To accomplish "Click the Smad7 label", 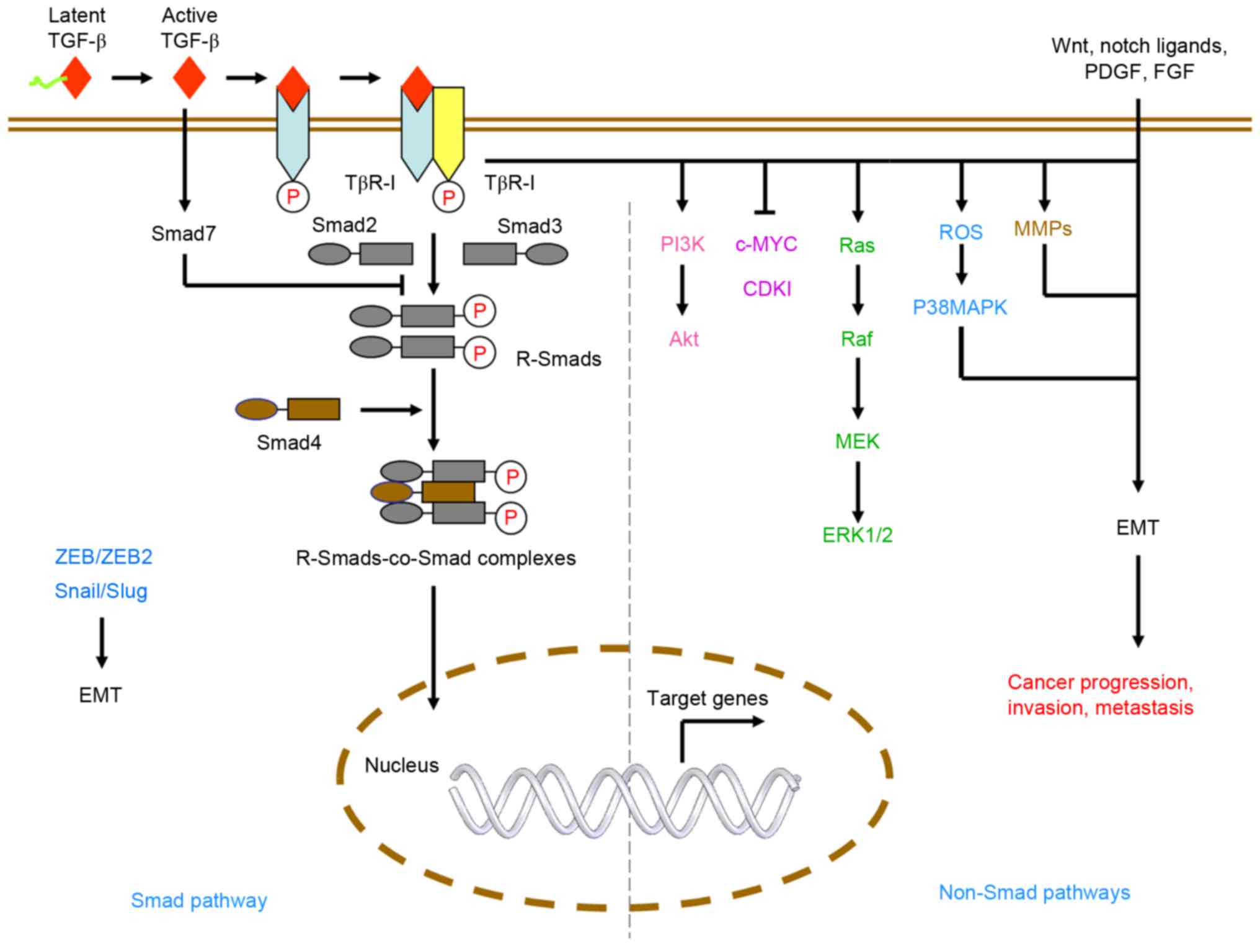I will coord(184,233).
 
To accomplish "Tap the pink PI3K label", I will coord(682,244).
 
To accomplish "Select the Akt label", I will coord(683,339).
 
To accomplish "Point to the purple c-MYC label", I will coord(766,244).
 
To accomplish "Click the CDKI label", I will coord(767,288).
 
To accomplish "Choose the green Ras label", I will coord(856,245).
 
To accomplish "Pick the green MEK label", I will coord(857,441).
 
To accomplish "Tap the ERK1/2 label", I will coord(857,535).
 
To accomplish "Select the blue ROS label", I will coord(961,232).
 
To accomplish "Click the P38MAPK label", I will coord(959,307).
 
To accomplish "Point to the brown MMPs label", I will coord(1042,229).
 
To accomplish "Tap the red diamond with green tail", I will coord(75,78).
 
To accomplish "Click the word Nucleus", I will coord(401,765).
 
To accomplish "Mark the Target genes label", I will coord(707,698).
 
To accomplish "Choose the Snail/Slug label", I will coord(101,591).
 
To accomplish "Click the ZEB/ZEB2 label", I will coord(104,556).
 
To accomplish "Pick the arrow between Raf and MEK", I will coord(858,388).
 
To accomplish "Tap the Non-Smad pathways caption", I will coord(1034,892).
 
